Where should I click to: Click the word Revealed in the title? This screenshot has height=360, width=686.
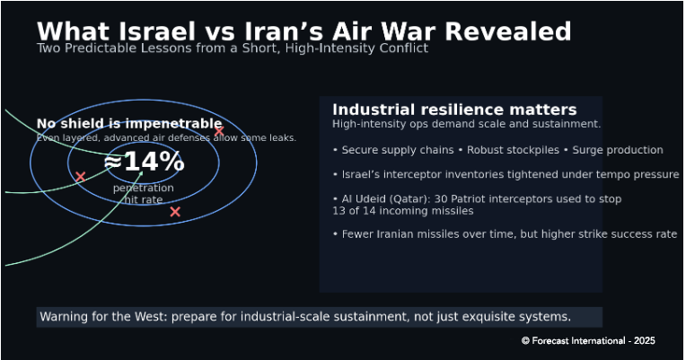pos(508,31)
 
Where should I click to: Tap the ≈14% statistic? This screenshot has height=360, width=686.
pos(144,162)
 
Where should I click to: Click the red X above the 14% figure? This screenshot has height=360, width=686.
pos(219,131)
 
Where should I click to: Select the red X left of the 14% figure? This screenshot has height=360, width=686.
pos(80,177)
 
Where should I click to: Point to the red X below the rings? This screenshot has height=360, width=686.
pos(175,212)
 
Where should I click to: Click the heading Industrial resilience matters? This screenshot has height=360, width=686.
pos(454,110)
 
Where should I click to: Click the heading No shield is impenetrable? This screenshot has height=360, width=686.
pos(129,123)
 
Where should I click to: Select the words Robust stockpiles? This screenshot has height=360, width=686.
pos(513,150)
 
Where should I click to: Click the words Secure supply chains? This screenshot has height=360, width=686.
pos(398,150)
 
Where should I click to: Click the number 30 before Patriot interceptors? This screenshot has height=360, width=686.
pos(441,199)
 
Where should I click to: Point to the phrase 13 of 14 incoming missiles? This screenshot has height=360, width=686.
pos(403,211)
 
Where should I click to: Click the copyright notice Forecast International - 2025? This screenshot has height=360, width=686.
pos(588,341)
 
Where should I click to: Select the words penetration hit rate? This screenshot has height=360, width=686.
pos(144,194)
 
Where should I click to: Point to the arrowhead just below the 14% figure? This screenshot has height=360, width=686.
pos(141,173)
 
